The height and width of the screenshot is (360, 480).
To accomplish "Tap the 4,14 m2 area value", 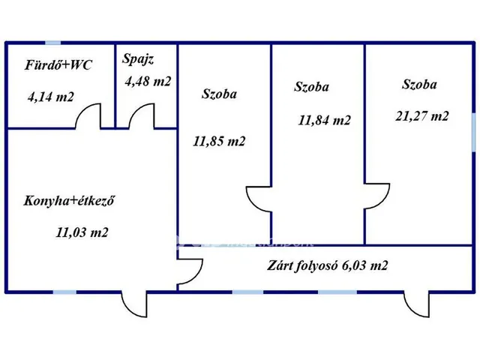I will click(52, 96).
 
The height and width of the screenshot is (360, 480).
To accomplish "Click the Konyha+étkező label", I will click(69, 201).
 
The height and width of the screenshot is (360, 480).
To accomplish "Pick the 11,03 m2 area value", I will click(82, 232).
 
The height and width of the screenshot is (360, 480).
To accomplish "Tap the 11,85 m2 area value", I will click(219, 141).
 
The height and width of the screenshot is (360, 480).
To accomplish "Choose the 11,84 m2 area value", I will click(324, 119).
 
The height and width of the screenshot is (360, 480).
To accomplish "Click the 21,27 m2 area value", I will click(422, 115).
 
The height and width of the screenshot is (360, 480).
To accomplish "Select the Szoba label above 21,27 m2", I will click(420, 84).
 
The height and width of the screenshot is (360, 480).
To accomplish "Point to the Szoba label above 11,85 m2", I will click(220, 94).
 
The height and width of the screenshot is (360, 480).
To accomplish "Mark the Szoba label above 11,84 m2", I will click(312, 86).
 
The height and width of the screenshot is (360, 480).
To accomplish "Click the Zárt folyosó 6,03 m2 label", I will click(328, 265).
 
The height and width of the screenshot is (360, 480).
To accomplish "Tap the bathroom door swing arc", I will click(91, 116).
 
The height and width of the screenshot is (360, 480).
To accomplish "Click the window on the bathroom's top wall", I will click(53, 43).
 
